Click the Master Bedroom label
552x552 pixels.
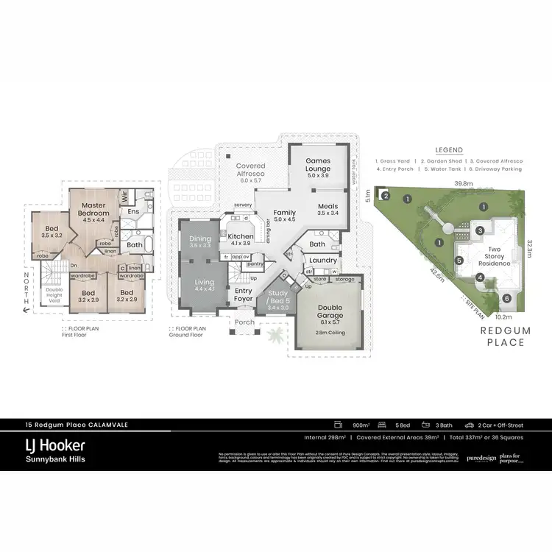pos(96,209)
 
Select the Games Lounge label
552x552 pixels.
pos(319,164)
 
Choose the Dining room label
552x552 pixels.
pos(200,238)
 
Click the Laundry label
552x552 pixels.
pos(323,261)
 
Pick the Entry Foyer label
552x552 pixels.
pos(244,295)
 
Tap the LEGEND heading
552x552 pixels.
pos(448,149)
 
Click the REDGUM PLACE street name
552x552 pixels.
pos(504,336)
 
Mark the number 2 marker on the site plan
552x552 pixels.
pos(385,196)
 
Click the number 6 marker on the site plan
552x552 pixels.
pos(506,298)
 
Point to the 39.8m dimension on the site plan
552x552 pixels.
pos(463,184)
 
